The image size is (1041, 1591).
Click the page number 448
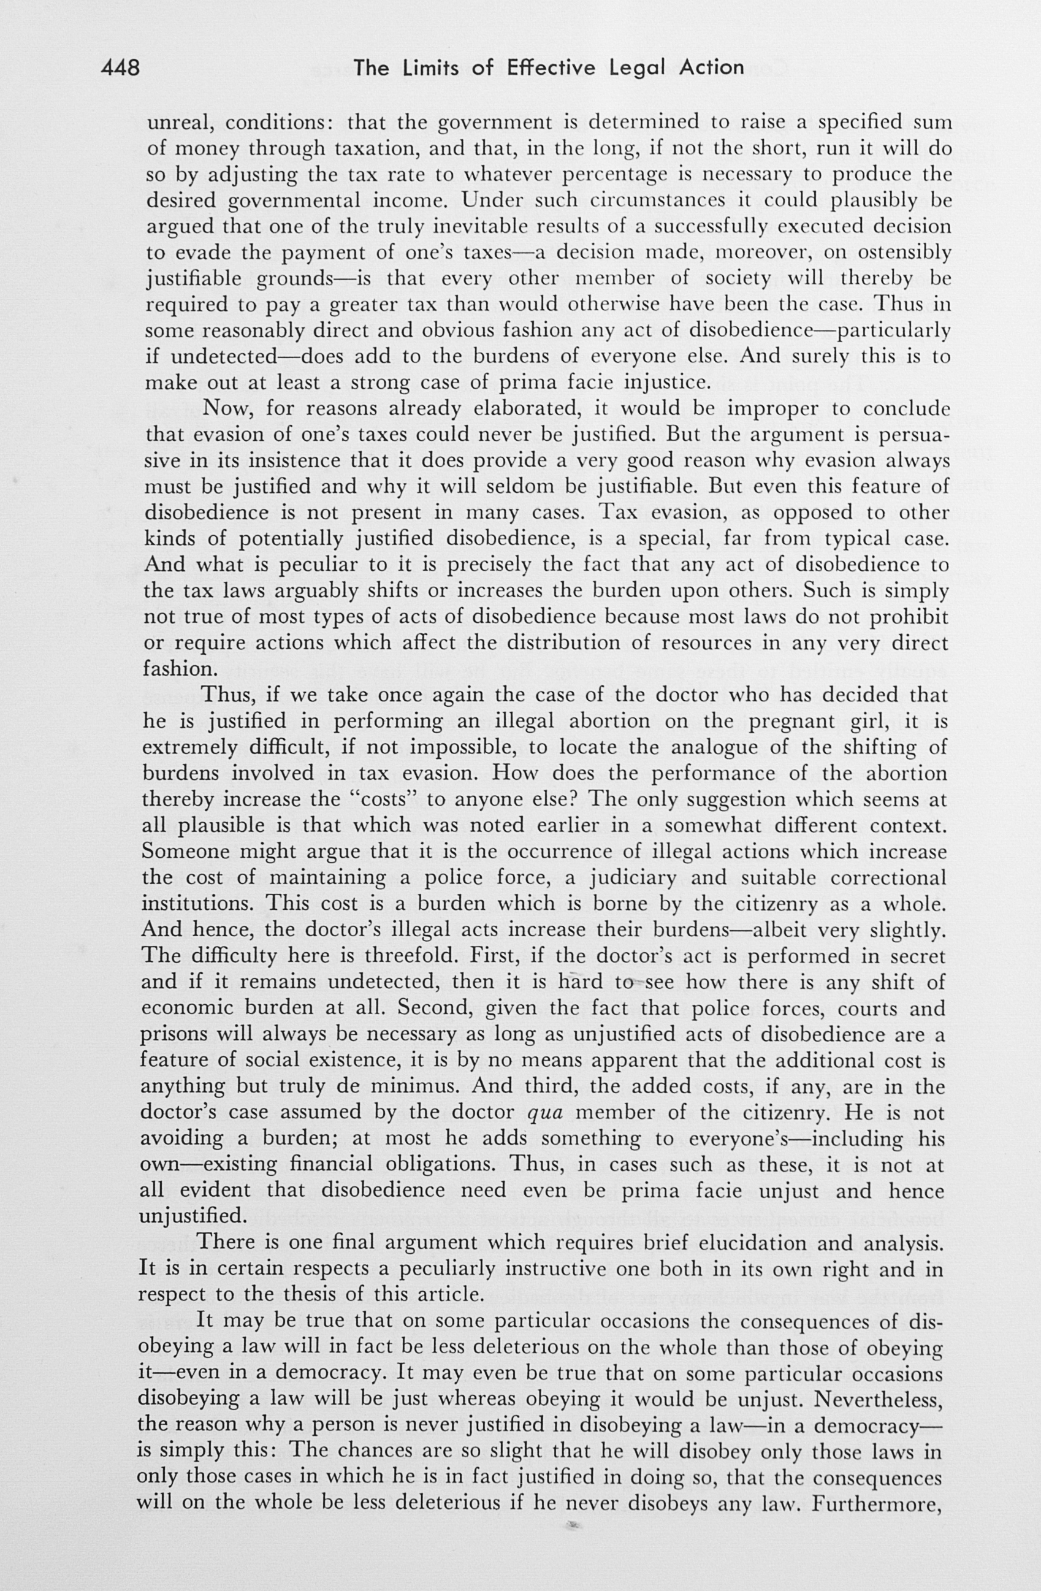coord(120,67)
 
